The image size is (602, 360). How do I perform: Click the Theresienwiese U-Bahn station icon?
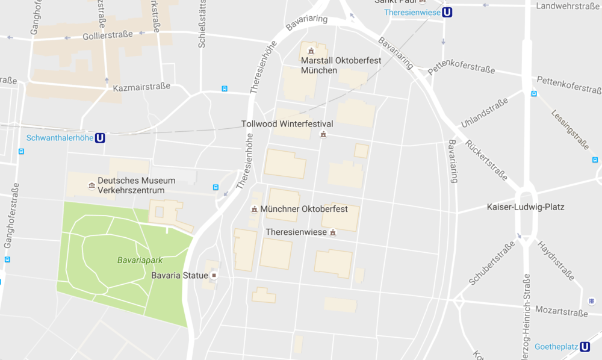447,12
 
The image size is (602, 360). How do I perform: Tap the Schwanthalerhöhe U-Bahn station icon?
100,138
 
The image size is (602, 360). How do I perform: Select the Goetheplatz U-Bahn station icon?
584,347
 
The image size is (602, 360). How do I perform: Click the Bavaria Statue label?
179,275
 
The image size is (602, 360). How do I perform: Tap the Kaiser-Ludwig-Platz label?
526,208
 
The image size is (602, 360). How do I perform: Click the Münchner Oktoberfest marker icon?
255,209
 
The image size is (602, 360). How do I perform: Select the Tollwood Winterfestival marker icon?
323,134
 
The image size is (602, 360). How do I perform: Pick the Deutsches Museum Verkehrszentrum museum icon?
91,184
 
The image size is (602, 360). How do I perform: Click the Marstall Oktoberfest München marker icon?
311,51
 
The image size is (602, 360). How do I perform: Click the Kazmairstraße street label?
141,87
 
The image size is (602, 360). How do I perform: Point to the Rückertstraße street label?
486,160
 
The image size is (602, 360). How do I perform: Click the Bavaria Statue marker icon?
213,275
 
